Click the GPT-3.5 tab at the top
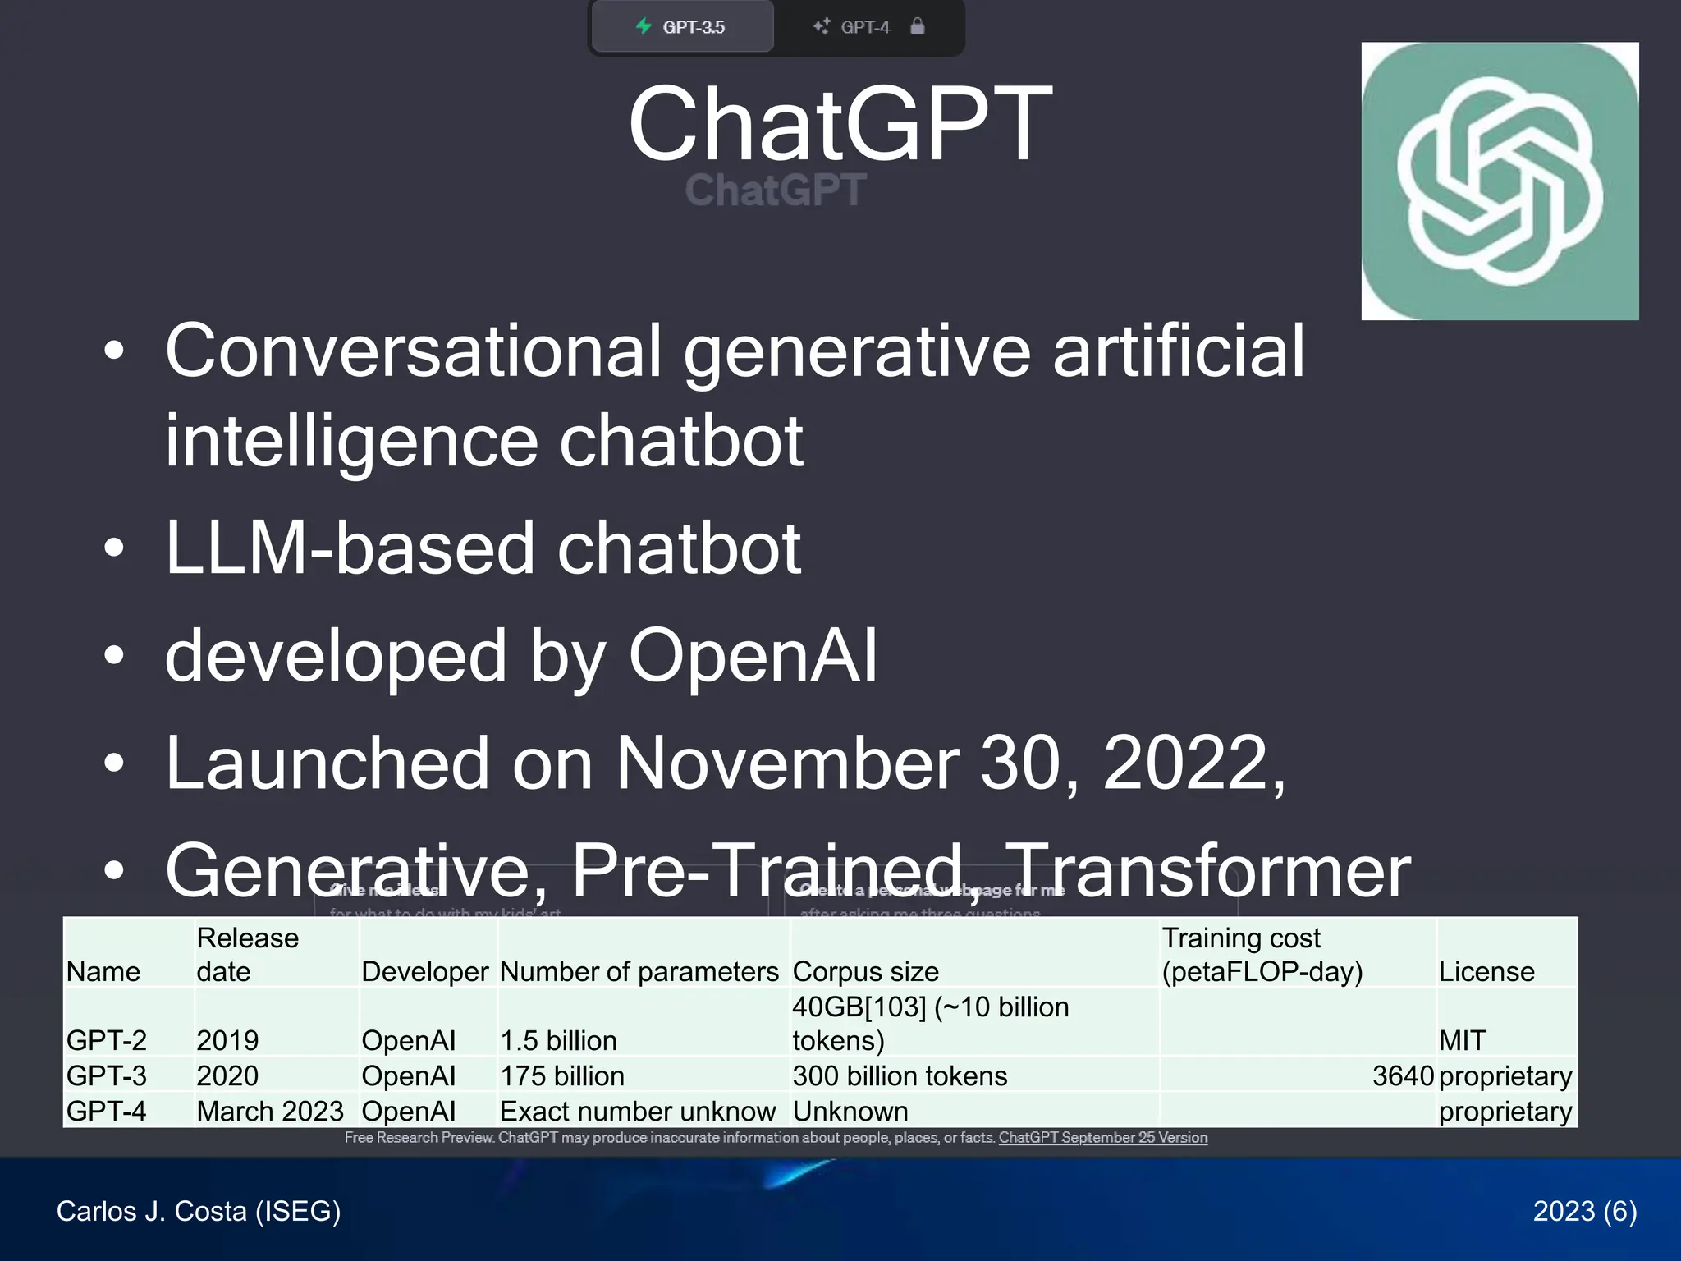682,27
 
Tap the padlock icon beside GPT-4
918,26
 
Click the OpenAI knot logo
1500,181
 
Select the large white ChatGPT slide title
840,124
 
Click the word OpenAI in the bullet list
753,656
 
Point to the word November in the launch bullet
787,763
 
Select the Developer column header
425,972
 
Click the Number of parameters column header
639,972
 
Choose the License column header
1486,972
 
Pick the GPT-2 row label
107,1041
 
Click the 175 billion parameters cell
562,1076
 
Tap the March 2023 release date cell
270,1112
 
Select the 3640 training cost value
1403,1076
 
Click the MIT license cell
1462,1041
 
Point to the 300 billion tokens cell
900,1076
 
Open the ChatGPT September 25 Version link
1102,1138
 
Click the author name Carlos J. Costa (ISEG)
199,1211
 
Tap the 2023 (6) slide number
1584,1211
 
